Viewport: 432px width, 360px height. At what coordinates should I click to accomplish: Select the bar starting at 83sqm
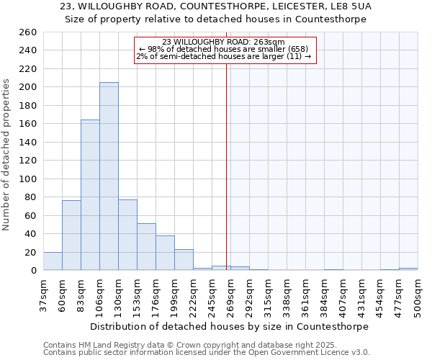tap(90, 194)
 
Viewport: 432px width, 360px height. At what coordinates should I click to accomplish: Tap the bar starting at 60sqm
tap(71, 235)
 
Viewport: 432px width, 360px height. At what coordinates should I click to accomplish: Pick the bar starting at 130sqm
tap(127, 235)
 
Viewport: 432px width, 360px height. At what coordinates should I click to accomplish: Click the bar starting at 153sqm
tap(146, 247)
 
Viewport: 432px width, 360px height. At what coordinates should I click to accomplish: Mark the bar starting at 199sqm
tap(184, 260)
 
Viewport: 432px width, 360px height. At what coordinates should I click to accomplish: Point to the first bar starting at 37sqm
tap(53, 261)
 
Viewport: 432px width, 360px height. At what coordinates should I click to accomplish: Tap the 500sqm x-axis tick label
tap(418, 295)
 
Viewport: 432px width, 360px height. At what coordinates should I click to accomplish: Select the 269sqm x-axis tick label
tap(230, 295)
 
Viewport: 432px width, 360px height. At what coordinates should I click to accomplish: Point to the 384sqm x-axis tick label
tap(324, 295)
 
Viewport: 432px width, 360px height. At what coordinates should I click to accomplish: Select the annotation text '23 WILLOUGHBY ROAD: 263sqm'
tap(224, 42)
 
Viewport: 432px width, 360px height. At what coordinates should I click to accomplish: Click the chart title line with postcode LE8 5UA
tap(216, 6)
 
